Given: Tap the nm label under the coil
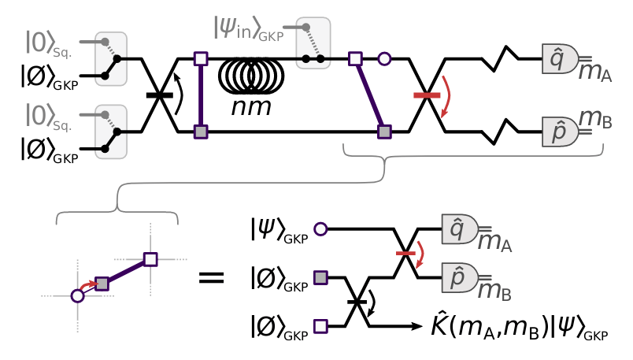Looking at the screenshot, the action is pyautogui.click(x=250, y=107).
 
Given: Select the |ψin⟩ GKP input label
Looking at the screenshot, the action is pyautogui.click(x=249, y=29).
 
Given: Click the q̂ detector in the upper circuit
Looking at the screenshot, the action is pyautogui.click(x=560, y=59).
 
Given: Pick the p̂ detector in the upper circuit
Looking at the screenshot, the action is pyautogui.click(x=560, y=132).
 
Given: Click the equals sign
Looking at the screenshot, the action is pyautogui.click(x=211, y=277).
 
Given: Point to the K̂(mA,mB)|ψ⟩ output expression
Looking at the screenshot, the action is pyautogui.click(x=520, y=325).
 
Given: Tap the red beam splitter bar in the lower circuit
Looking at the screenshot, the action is pyautogui.click(x=405, y=254).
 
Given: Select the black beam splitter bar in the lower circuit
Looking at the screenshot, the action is pyautogui.click(x=357, y=302).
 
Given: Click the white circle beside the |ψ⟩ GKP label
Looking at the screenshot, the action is pyautogui.click(x=320, y=229).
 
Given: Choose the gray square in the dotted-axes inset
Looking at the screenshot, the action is pyautogui.click(x=102, y=284).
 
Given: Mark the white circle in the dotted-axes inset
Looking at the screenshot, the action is pyautogui.click(x=77, y=295).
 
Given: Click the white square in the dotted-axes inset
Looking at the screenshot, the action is pyautogui.click(x=150, y=259).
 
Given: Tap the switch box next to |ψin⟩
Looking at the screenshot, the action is pyautogui.click(x=313, y=43).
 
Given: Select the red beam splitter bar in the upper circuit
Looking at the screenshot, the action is pyautogui.click(x=427, y=95).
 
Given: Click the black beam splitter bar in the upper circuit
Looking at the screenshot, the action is pyautogui.click(x=160, y=95).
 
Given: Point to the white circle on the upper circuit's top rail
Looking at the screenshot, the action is pyautogui.click(x=384, y=59).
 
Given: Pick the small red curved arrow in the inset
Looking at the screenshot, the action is pyautogui.click(x=88, y=285).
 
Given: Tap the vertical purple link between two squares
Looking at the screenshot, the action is pyautogui.click(x=201, y=95).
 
